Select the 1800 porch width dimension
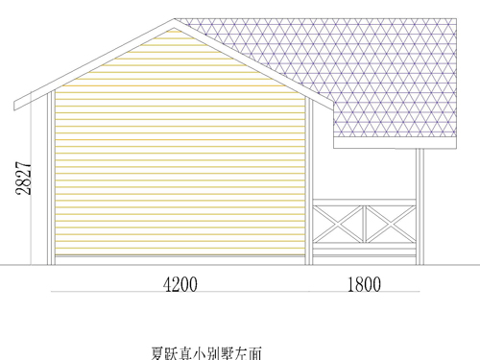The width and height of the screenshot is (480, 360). coord(365,284)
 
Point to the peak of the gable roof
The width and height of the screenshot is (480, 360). coord(175,20)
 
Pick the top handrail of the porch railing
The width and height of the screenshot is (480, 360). coord(364,201)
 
